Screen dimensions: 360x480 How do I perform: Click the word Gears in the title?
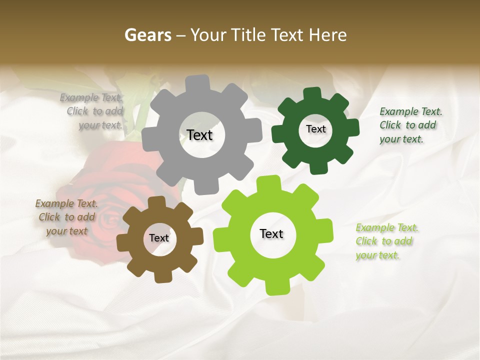pos(147,35)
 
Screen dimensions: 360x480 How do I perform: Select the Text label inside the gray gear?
pos(199,135)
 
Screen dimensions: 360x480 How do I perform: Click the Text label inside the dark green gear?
pos(315,129)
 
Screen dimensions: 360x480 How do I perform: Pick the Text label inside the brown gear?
pos(159,238)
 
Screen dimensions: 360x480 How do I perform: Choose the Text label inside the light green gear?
pos(271,233)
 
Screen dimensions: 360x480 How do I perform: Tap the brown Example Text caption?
pos(66,217)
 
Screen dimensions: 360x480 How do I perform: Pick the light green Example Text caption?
pos(386,241)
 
